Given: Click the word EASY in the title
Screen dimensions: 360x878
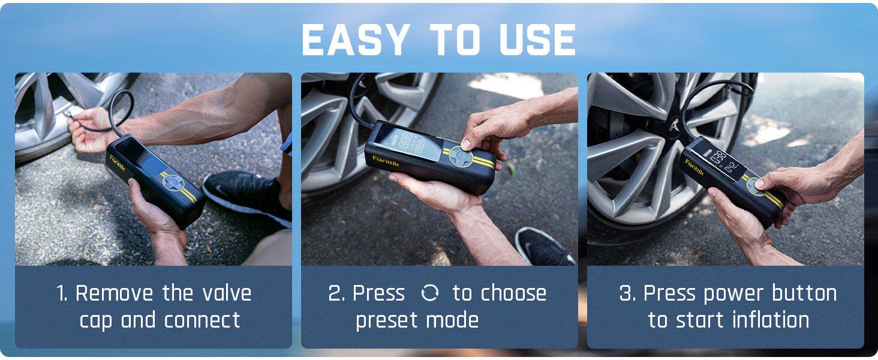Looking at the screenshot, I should tap(356, 40).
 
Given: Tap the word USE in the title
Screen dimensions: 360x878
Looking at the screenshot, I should tap(533, 40).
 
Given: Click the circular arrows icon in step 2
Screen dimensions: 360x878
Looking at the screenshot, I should tap(429, 293).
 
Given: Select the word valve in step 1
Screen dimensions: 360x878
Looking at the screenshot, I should tap(224, 293).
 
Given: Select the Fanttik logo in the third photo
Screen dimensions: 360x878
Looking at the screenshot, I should tap(694, 166).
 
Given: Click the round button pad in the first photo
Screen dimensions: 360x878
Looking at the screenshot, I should tap(173, 182).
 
